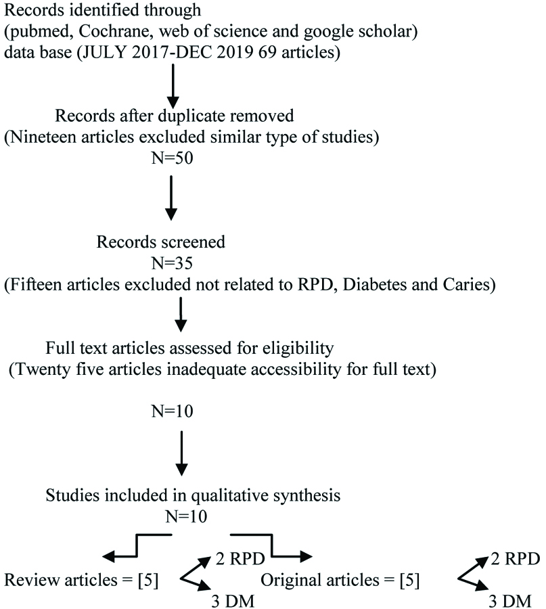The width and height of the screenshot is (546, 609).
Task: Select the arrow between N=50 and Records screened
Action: (171, 198)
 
